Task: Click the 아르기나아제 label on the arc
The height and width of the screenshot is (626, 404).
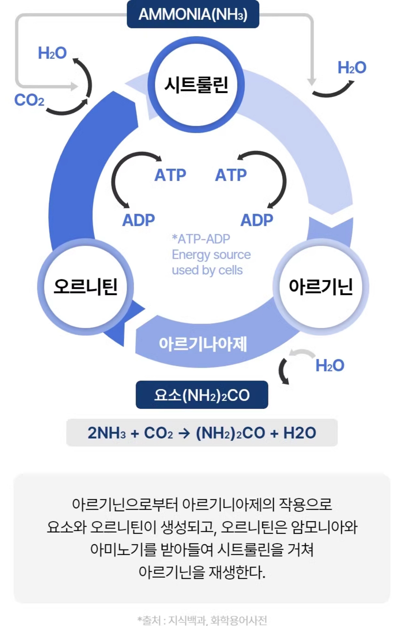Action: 203,344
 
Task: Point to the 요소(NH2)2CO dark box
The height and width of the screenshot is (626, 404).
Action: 202,395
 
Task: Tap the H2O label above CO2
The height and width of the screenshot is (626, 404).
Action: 52,53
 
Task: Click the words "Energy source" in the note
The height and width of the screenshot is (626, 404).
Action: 211,255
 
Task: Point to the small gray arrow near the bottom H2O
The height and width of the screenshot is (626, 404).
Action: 302,353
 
